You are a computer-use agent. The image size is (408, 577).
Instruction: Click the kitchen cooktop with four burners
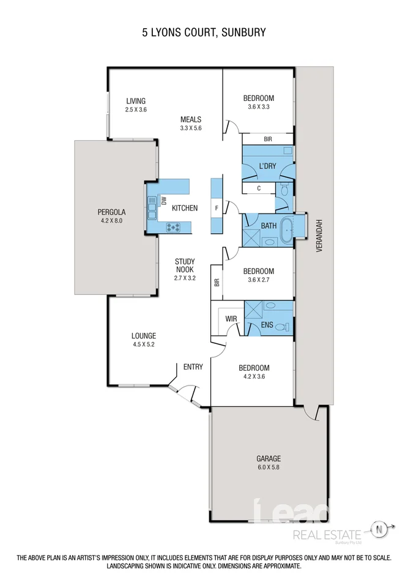click(173, 228)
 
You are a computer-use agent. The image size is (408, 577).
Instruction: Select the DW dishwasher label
click(163, 200)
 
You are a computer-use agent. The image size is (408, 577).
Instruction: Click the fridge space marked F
click(216, 208)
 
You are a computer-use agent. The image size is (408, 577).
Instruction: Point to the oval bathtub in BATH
click(287, 225)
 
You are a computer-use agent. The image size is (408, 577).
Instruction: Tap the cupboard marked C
click(259, 188)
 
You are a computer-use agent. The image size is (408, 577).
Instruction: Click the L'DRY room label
click(267, 166)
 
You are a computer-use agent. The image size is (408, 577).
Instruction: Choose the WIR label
click(231, 319)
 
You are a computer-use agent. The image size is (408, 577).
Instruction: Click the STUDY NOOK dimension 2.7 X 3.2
click(184, 277)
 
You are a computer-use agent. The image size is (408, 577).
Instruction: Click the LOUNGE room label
click(144, 335)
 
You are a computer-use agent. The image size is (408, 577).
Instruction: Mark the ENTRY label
click(193, 367)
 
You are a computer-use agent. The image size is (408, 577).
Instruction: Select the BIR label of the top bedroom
click(267, 139)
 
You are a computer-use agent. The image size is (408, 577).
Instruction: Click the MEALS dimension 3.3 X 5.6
click(190, 128)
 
